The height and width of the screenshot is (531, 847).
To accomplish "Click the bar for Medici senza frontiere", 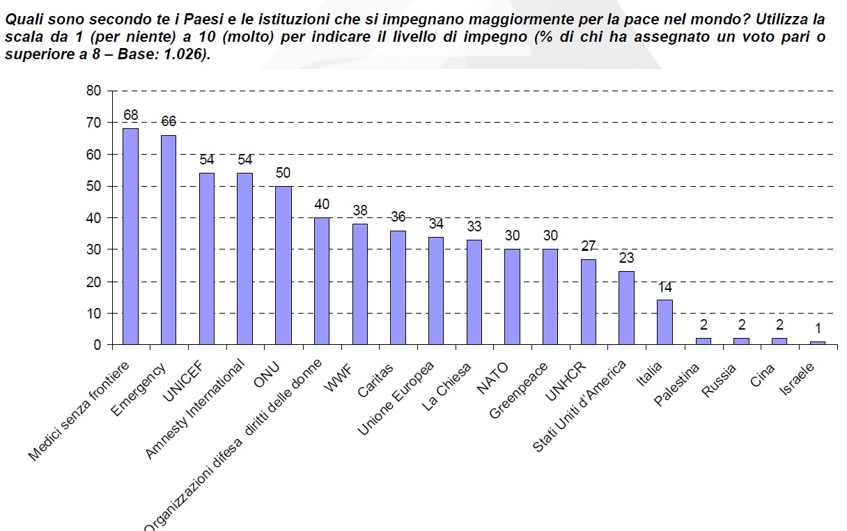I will click(130, 236).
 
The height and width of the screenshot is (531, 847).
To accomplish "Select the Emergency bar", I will click(169, 240).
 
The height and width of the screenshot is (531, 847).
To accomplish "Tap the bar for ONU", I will click(283, 265).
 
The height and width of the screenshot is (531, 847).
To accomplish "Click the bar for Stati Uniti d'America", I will click(627, 307).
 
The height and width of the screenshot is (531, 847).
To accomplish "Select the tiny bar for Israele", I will click(818, 343).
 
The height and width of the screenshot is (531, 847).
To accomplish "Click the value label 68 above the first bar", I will click(130, 115).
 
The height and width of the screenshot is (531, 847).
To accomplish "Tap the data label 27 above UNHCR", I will click(589, 246).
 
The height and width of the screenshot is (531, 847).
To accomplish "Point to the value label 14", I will click(665, 287).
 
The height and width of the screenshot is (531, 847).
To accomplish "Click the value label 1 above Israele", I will click(818, 329).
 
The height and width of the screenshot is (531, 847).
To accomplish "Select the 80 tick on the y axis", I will click(94, 91).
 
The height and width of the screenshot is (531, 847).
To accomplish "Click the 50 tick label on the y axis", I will click(94, 186).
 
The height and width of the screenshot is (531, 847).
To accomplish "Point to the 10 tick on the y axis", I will click(94, 314).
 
